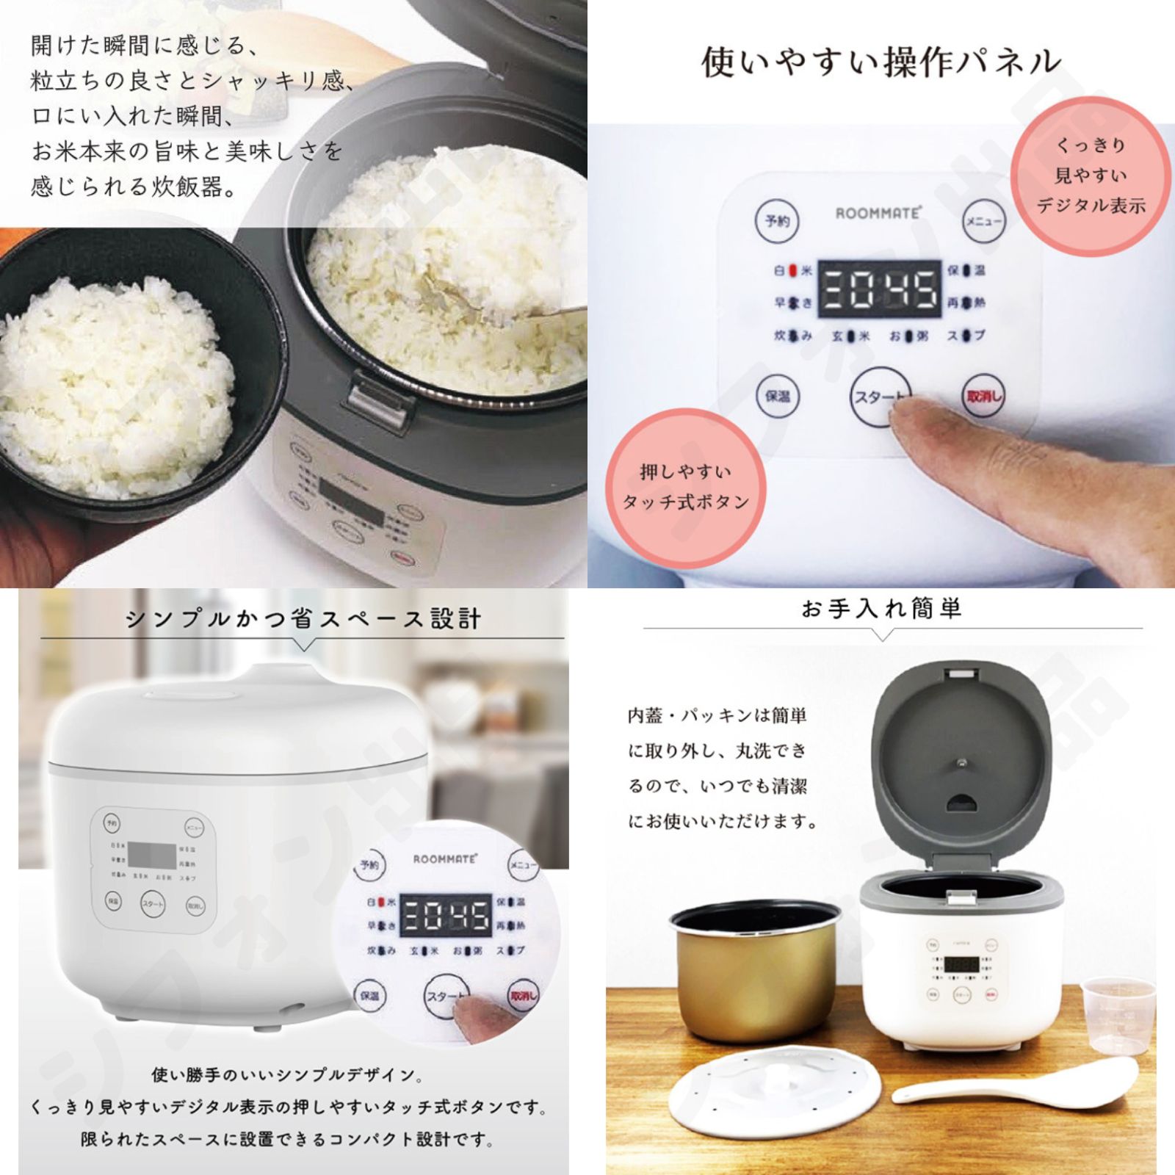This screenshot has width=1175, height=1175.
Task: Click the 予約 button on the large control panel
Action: (777, 220)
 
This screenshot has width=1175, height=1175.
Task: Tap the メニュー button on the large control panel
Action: (983, 220)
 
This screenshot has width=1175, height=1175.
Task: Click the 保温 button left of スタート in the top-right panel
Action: (777, 397)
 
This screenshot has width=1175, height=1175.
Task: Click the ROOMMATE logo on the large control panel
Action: (878, 213)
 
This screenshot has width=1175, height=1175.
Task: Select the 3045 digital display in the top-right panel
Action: (879, 289)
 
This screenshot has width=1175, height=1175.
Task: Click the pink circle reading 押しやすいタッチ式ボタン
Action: (684, 488)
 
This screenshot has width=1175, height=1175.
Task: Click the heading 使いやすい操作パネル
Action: (881, 62)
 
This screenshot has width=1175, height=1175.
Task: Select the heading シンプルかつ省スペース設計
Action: (303, 619)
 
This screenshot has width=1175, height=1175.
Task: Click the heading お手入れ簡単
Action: (881, 608)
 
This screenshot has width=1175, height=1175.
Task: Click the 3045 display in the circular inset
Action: (446, 915)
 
